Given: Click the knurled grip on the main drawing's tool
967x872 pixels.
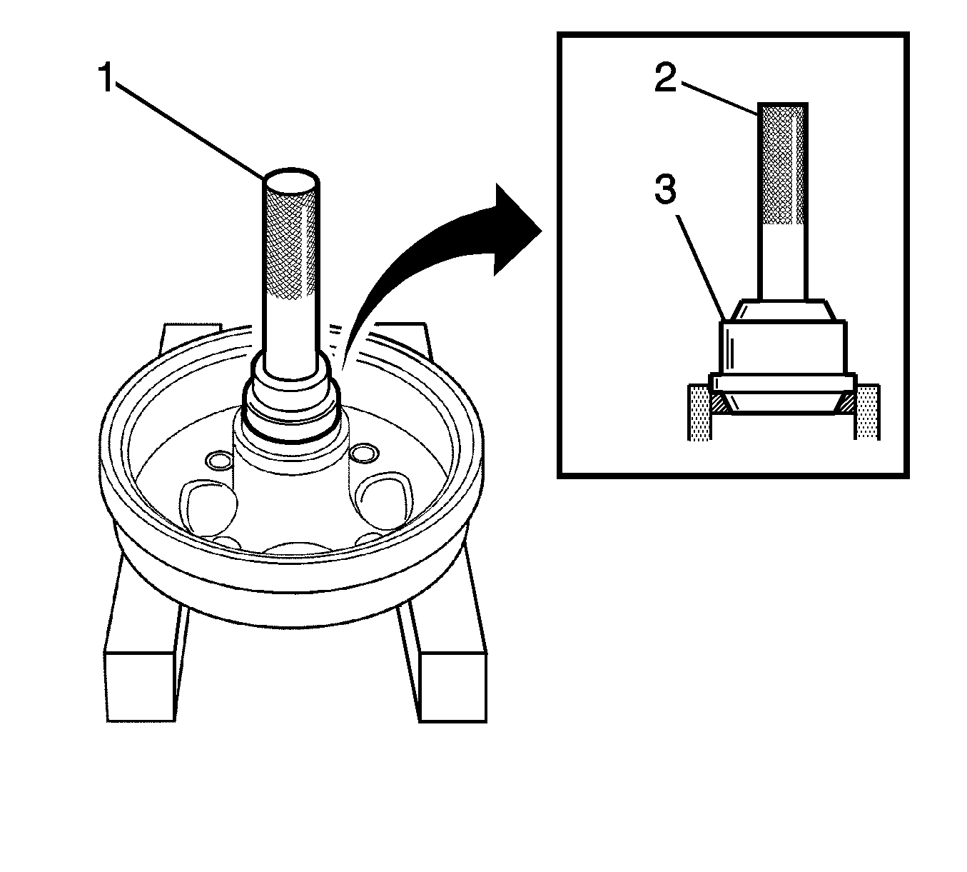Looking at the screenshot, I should point(291,243).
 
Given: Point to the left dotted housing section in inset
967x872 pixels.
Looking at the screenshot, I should point(698,412).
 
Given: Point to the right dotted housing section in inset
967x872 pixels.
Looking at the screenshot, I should point(868,412).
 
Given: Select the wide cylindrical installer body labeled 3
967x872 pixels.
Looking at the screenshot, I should point(783,348).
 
